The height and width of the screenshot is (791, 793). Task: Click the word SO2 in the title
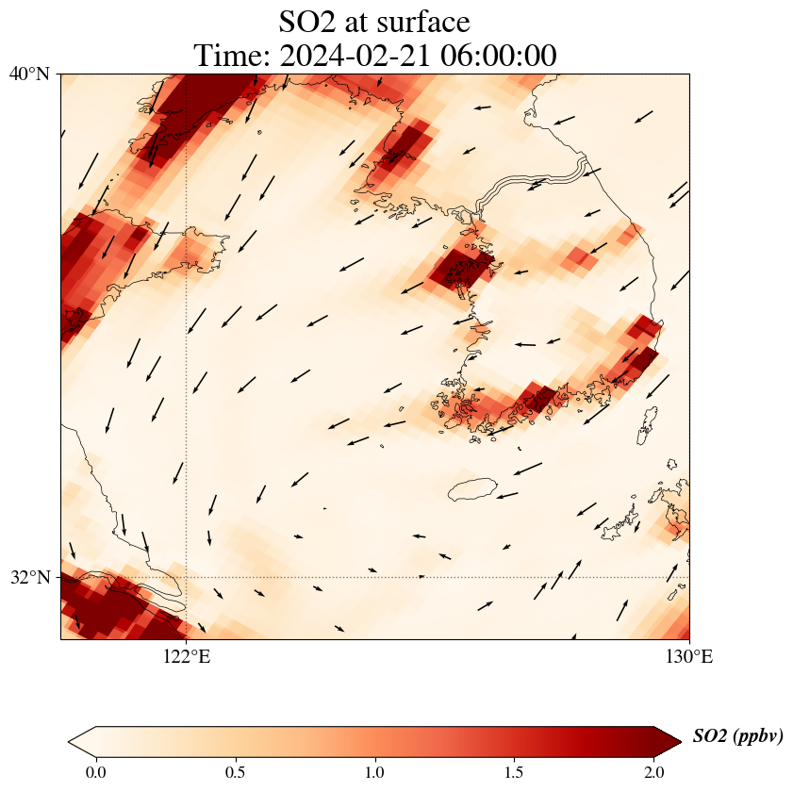(308, 21)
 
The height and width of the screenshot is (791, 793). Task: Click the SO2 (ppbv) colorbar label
(737, 736)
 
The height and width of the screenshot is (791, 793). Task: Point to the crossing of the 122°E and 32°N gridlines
(187, 577)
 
